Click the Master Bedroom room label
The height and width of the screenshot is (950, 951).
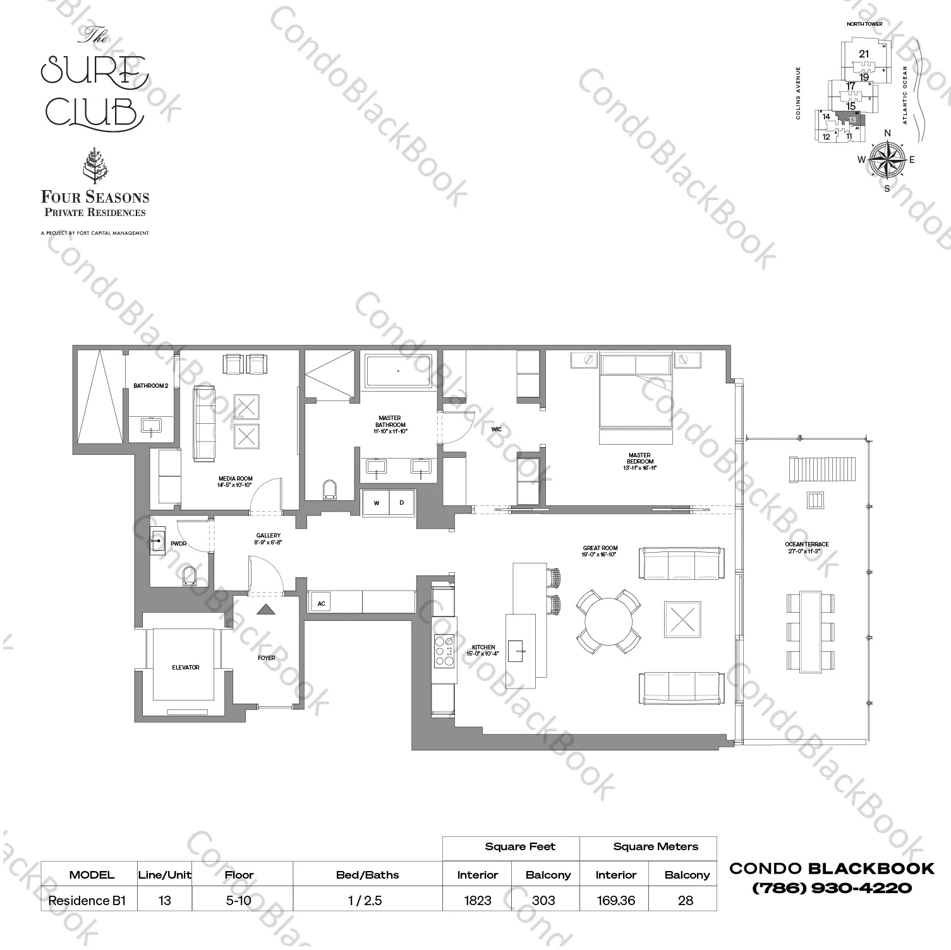click(x=639, y=458)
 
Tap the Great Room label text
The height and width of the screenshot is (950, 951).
click(x=600, y=551)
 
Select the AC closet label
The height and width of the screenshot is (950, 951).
click(x=321, y=603)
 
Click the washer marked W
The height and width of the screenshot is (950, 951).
click(x=377, y=503)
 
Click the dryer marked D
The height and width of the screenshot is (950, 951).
click(x=402, y=503)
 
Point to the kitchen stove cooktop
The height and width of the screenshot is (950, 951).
click(x=444, y=651)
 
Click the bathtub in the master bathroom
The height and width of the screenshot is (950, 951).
click(x=398, y=371)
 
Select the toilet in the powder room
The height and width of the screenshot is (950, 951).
click(x=188, y=576)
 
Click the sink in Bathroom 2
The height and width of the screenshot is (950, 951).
click(x=152, y=426)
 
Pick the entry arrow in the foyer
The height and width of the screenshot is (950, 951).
click(x=266, y=609)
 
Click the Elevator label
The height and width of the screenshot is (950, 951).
click(x=185, y=667)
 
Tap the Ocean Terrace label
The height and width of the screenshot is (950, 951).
click(x=806, y=548)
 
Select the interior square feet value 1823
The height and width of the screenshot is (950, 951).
click(x=478, y=900)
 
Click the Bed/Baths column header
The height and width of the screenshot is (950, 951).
click(x=367, y=875)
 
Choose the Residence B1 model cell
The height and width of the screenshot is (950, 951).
click(x=88, y=900)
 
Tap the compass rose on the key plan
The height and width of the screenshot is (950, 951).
click(x=887, y=159)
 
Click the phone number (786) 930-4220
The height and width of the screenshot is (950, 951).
click(x=832, y=887)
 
